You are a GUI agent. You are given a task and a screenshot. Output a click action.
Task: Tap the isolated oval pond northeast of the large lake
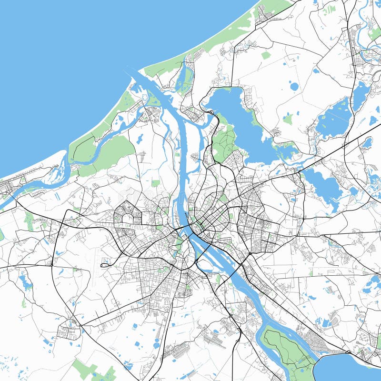(x=294, y=86)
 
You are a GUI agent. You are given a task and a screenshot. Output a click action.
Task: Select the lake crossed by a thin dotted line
(x=336, y=117)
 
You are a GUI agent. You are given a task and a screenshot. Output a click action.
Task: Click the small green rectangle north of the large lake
(x=266, y=55)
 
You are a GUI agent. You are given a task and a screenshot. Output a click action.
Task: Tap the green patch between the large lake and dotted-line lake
(x=288, y=119)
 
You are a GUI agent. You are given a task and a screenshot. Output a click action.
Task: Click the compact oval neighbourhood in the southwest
(x=68, y=331)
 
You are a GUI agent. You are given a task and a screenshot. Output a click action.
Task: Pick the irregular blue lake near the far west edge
(x=25, y=282)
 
